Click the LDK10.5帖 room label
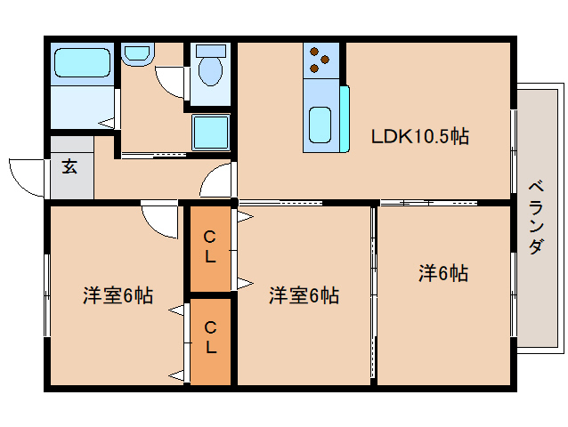(x=420, y=136)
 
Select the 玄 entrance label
(x=69, y=165)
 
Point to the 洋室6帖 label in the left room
(x=118, y=295)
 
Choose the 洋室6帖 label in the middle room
(x=304, y=295)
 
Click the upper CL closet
(x=210, y=247)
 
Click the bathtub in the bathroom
(x=81, y=64)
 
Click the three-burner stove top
(x=321, y=60)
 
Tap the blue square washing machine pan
(x=211, y=134)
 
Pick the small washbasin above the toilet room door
(x=135, y=53)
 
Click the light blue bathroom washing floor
(x=80, y=107)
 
